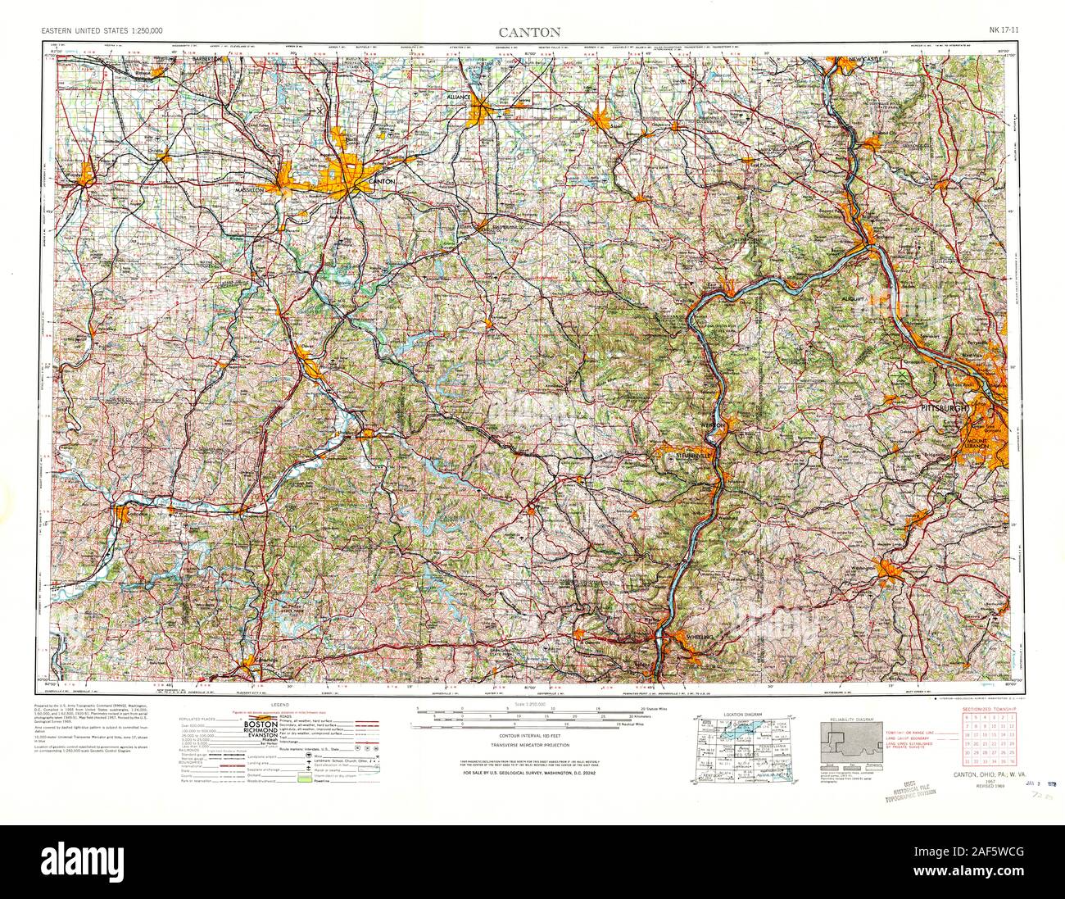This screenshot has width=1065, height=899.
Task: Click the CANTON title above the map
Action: point(531,33)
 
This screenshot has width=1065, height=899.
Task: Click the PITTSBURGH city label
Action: point(942,407)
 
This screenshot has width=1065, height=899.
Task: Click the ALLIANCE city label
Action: point(458,96)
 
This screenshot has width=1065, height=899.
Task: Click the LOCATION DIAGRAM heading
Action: point(741,715)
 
